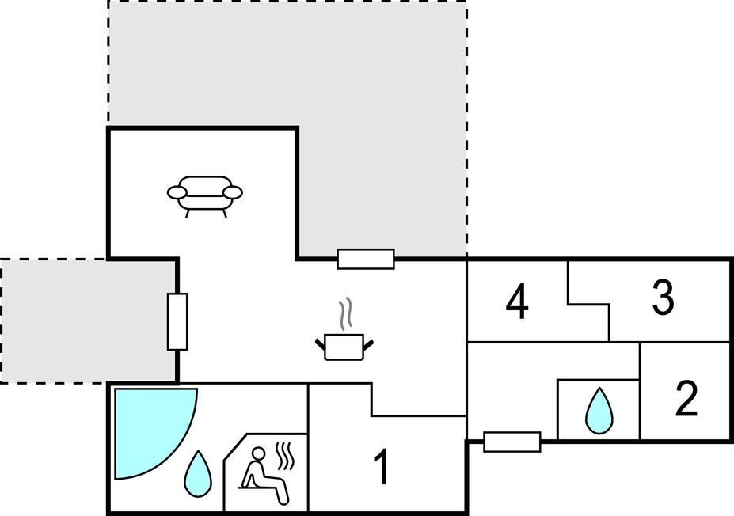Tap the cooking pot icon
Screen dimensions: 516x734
(x=344, y=347)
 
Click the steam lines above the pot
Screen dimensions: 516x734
(x=344, y=313)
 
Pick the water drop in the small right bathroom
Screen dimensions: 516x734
(x=599, y=411)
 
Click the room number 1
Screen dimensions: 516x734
(x=382, y=467)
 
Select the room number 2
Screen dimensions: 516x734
(x=686, y=399)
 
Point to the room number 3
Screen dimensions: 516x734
(x=662, y=297)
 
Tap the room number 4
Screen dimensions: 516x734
(x=517, y=302)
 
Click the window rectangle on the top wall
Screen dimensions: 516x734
(x=365, y=259)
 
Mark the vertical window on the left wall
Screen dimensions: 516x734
(x=177, y=321)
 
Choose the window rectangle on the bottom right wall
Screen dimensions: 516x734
(x=512, y=442)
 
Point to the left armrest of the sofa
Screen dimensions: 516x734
(x=177, y=192)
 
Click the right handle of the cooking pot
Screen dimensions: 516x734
(x=368, y=343)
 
